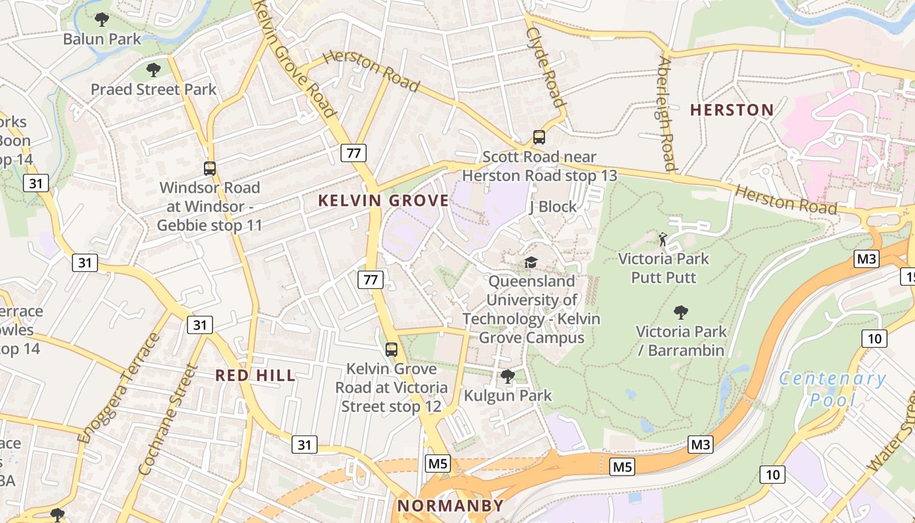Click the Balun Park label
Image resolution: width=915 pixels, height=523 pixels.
(102, 39)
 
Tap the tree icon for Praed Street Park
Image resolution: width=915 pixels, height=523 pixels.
(154, 70)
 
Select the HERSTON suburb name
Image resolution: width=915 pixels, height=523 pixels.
(732, 110)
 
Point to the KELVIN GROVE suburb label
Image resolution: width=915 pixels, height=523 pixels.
(384, 201)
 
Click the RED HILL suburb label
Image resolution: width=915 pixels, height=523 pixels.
(256, 376)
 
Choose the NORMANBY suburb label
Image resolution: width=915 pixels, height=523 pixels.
(451, 505)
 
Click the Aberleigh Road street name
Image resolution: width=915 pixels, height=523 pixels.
(666, 114)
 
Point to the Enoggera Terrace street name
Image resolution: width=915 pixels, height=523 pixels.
(118, 389)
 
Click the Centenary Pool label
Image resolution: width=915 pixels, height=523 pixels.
(832, 388)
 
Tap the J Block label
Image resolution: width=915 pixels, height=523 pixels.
(553, 207)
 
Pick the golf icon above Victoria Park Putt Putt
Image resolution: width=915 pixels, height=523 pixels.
(663, 239)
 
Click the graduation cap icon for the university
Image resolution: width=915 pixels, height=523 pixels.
(531, 262)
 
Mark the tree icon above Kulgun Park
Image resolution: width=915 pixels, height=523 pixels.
(507, 377)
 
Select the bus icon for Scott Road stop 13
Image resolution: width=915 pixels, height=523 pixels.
(539, 137)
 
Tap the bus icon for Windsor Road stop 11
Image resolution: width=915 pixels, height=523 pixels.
(210, 169)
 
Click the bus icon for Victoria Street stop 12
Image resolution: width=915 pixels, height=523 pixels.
(391, 350)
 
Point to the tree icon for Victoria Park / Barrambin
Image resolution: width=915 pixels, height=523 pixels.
(681, 312)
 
